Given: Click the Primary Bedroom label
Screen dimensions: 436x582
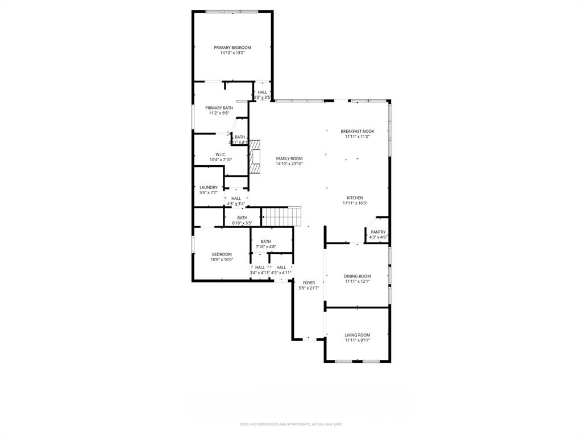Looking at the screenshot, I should coord(232,48).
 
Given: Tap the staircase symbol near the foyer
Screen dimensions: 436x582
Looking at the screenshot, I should coord(280,216).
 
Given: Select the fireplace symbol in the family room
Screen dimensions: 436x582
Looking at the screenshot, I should coord(255,157).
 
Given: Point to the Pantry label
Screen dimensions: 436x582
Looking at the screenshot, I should coord(378,232).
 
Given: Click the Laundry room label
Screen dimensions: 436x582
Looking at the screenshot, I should coord(208,187).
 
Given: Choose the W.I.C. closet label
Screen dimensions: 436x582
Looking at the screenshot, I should coord(221,154).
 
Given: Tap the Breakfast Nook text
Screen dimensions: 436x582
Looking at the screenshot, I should coord(357,131).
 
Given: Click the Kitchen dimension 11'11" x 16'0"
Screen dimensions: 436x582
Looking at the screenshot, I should coord(355,203).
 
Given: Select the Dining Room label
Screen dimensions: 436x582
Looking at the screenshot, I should coord(357,276).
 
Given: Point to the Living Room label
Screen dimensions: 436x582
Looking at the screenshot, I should coord(357,335).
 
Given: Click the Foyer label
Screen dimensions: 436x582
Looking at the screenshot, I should coord(309,282).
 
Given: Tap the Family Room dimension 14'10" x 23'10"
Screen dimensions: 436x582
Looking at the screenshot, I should coord(289,164).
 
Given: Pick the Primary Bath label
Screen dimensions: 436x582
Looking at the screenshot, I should coord(219,108).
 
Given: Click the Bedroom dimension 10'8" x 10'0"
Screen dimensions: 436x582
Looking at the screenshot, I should coord(222,260).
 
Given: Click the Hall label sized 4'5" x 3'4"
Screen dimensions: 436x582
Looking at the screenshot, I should coord(236,198).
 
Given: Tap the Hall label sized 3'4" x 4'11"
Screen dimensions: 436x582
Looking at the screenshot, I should coord(259,267).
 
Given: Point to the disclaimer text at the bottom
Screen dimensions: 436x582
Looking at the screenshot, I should coord(290,424).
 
